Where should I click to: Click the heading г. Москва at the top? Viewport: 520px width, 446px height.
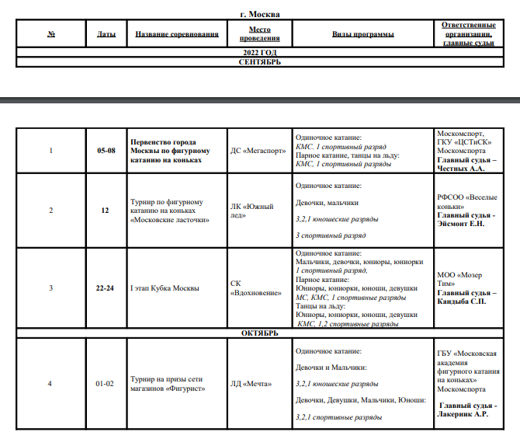point(260,14)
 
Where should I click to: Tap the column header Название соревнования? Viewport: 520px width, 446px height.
point(176,34)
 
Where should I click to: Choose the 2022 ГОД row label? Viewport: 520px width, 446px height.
point(260,52)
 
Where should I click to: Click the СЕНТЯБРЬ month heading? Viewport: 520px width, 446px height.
point(260,61)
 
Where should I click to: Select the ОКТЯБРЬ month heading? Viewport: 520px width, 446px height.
point(260,333)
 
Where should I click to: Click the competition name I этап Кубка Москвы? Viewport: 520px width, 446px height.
point(165,288)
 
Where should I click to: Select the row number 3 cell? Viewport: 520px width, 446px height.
point(51,288)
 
